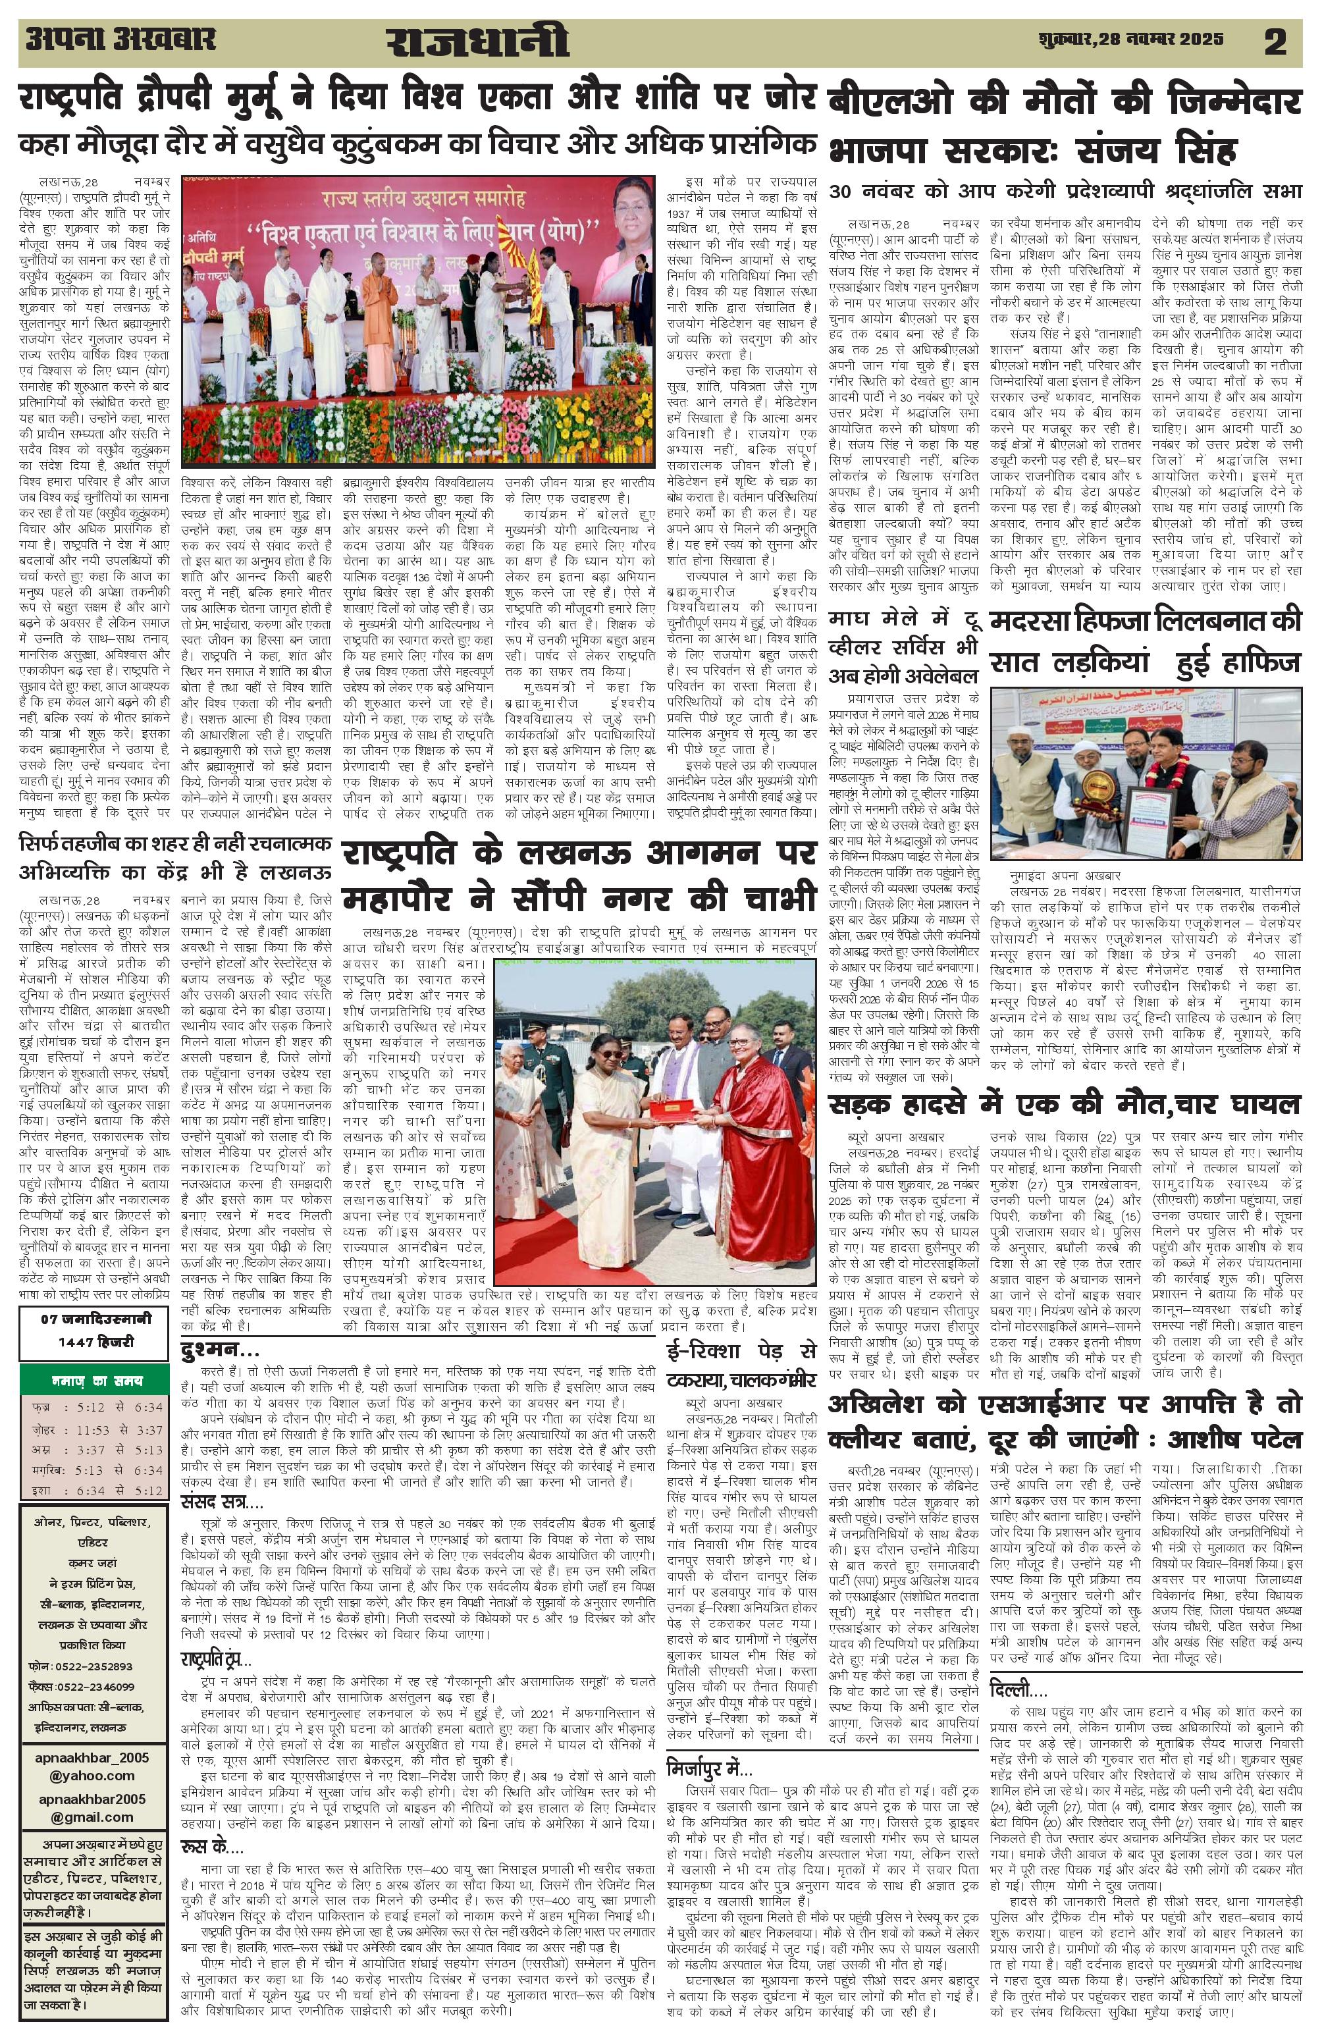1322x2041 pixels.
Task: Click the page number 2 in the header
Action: click(1275, 43)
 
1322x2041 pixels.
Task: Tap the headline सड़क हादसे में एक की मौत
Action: click(1064, 1103)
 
